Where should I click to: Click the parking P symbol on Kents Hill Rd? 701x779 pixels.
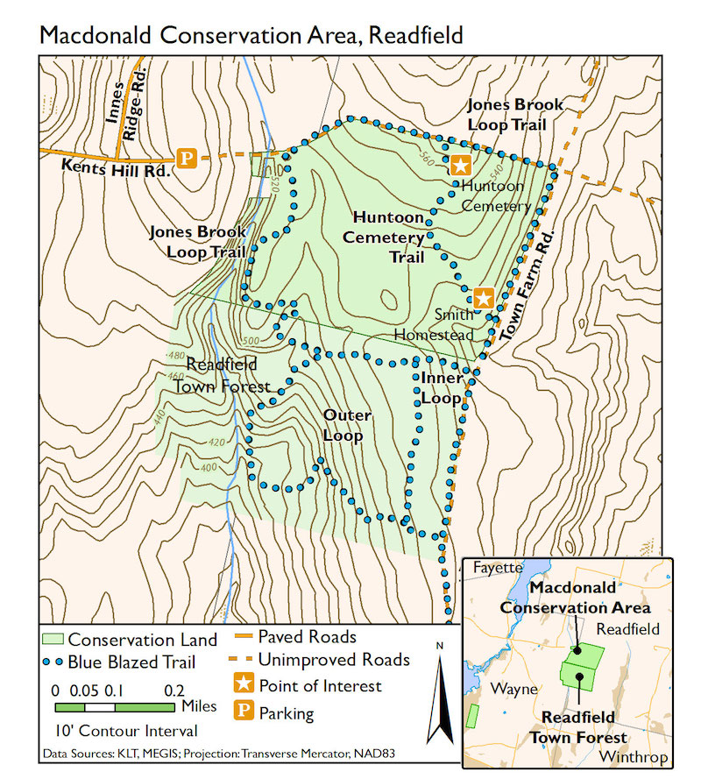coord(186,158)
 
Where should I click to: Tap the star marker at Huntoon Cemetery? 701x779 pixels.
coord(460,164)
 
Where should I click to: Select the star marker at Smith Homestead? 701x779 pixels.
coord(483,297)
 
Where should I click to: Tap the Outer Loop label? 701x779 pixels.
coord(346,425)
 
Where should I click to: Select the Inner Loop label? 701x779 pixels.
coord(441,387)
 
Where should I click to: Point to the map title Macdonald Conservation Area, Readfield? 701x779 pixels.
coord(251,35)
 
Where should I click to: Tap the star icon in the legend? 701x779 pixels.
coord(243,685)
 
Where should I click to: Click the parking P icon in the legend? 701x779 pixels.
coord(243,712)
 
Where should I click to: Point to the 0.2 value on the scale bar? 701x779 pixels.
coord(173,689)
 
